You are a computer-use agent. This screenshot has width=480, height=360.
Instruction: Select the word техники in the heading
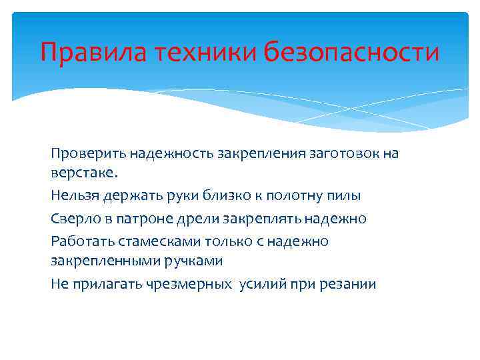click(206, 52)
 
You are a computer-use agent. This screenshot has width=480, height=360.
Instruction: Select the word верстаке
click(83, 173)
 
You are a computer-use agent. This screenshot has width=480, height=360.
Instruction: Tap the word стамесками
click(153, 241)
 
